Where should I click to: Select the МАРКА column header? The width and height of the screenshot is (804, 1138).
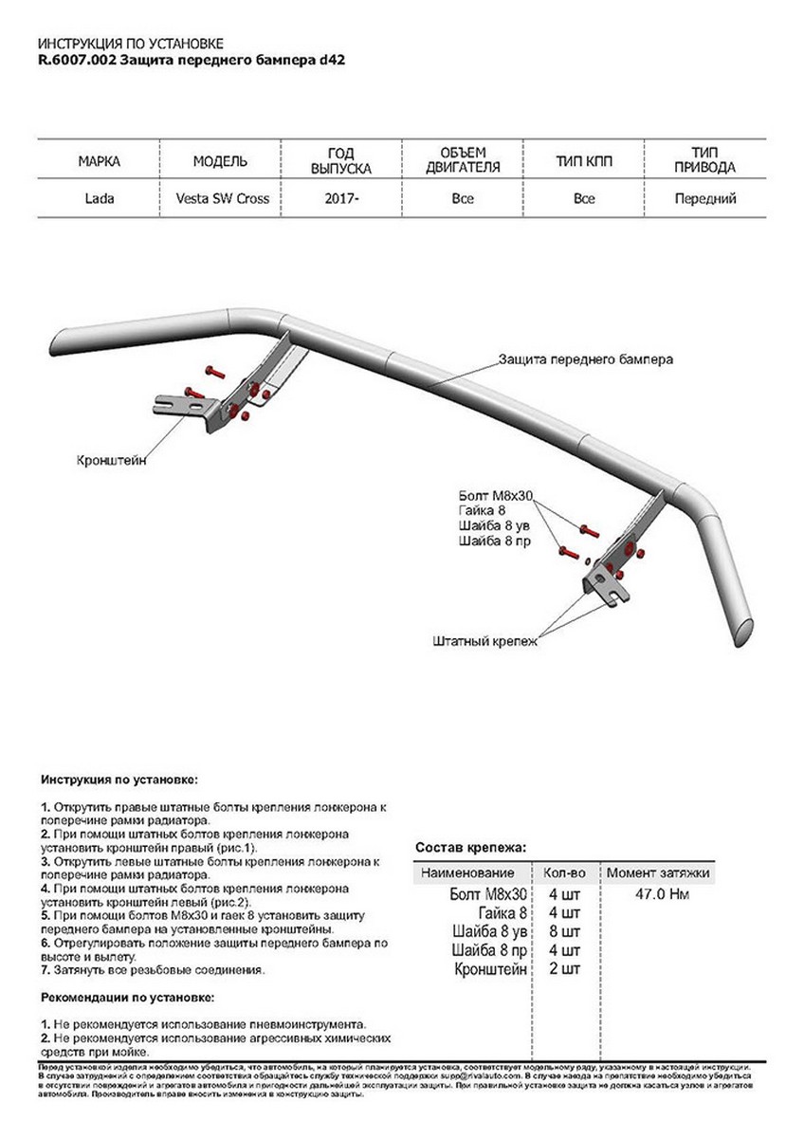99,161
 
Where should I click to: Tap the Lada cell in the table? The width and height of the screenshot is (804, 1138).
99,199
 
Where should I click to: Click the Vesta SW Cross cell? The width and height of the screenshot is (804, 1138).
222,199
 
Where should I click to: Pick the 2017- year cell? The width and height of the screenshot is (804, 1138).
341,199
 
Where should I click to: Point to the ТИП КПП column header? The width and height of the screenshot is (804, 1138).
584,161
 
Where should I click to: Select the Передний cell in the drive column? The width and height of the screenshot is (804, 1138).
704,199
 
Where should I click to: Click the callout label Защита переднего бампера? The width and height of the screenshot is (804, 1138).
586,360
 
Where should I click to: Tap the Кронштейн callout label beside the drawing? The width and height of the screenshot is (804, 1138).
112,461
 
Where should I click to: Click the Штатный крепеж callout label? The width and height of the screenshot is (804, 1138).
484,642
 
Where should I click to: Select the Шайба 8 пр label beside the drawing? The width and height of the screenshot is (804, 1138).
493,541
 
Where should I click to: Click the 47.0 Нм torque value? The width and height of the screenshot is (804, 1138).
658,893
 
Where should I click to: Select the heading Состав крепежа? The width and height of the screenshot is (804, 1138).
470,847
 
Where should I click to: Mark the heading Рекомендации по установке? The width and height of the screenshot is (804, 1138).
127,998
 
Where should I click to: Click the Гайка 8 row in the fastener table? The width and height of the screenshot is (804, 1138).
502,912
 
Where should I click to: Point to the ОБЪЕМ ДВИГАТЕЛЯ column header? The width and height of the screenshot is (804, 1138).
463,161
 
